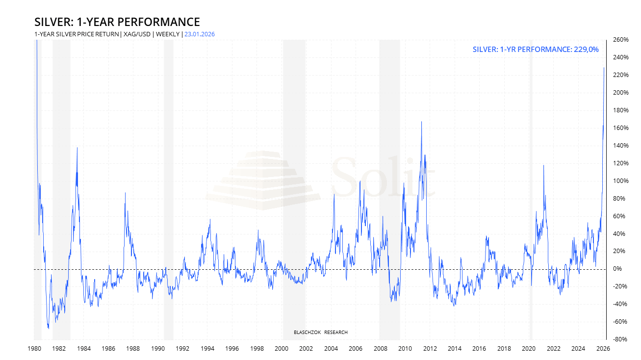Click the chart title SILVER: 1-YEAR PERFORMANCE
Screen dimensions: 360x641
pos(117,22)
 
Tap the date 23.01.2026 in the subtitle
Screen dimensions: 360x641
pos(200,34)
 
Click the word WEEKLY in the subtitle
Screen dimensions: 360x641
pos(167,34)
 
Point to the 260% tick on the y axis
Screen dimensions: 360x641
pos(620,40)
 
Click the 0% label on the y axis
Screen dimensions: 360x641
pos(616,269)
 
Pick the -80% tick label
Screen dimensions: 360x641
pos(619,339)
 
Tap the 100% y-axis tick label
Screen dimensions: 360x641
pos(620,181)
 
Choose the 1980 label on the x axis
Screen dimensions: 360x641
pos(34,349)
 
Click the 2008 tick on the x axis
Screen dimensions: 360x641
pos(380,349)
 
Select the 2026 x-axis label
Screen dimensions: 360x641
pos(603,349)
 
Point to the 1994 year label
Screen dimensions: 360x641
pos(207,349)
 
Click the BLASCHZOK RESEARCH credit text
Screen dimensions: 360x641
pos(321,333)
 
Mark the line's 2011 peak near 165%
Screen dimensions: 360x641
pos(422,122)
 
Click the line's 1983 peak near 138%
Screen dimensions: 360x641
pos(77,147)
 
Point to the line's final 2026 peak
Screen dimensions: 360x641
pos(604,68)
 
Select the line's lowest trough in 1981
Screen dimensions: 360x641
pos(48,329)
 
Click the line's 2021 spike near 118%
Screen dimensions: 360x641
pos(543,165)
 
